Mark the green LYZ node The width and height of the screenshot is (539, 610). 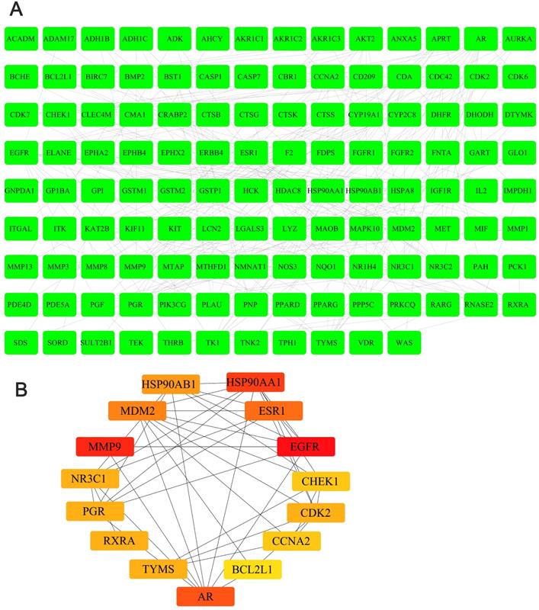(x=288, y=228)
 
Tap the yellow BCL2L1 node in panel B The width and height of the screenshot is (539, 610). (x=252, y=569)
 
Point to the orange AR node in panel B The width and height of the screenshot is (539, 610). (x=206, y=596)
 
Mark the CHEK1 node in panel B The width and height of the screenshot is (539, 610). (x=321, y=482)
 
